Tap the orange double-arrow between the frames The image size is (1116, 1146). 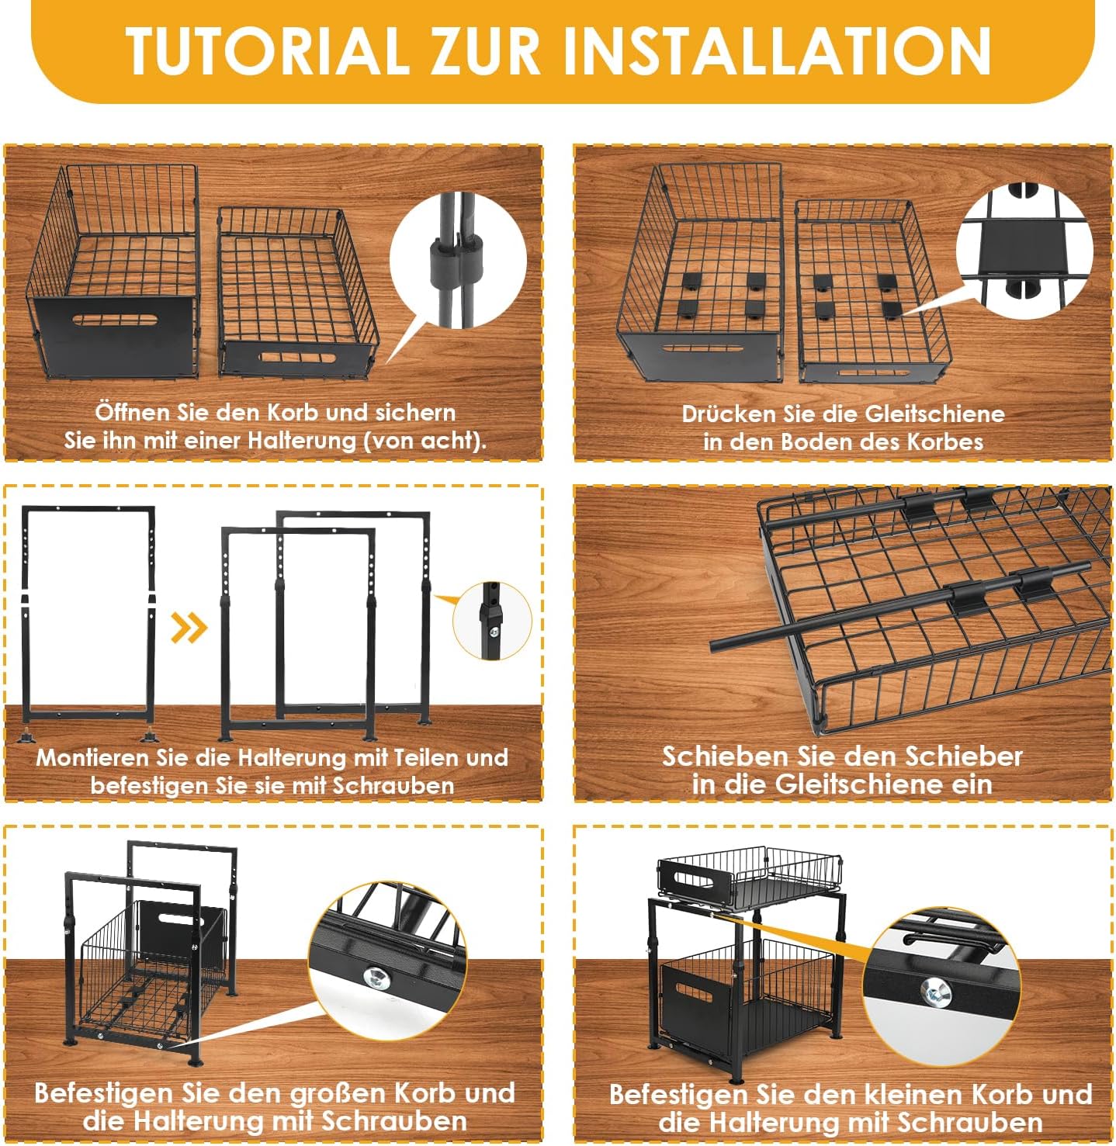click(189, 627)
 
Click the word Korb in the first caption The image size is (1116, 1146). click(293, 412)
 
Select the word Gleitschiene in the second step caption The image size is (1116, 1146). click(936, 414)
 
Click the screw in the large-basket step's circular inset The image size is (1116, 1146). click(376, 976)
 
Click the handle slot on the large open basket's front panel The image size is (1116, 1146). click(116, 321)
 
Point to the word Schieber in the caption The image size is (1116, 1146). click(963, 756)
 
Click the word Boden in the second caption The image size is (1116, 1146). click(817, 441)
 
